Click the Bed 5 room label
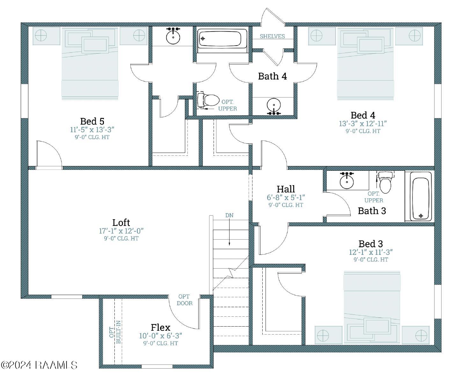[x=92, y=121]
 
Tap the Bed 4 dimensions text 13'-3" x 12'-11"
[x=363, y=124]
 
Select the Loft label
[x=121, y=223]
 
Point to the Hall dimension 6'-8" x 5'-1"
[x=286, y=198]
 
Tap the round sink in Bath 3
[x=347, y=181]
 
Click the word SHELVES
[x=272, y=36]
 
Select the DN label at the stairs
[x=229, y=215]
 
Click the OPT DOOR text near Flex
[x=184, y=300]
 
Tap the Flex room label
[x=160, y=328]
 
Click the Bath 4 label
[x=272, y=76]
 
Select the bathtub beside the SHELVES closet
[x=222, y=39]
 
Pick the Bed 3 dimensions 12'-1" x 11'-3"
[x=371, y=252]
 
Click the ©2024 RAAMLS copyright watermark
[x=39, y=365]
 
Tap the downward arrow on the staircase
[x=229, y=232]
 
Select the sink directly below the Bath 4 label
[x=274, y=106]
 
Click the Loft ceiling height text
[x=121, y=238]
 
